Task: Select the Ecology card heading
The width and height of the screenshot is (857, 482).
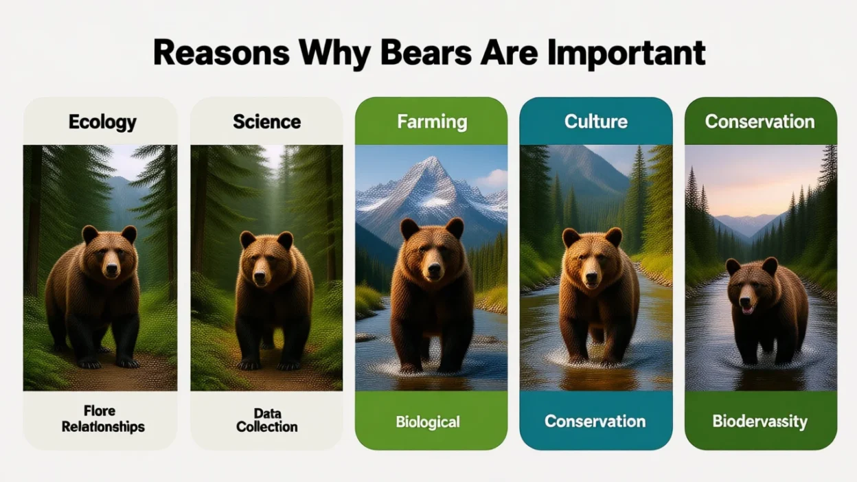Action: tap(102, 122)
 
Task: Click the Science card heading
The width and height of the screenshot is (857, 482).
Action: tap(266, 122)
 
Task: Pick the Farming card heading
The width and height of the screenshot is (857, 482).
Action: tap(431, 122)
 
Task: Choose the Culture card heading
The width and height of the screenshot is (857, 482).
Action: tap(595, 122)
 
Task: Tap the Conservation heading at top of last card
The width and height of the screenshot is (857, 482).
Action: tap(759, 122)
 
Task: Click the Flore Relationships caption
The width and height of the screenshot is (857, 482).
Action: tap(102, 419)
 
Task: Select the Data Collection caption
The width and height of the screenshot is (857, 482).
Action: tap(266, 420)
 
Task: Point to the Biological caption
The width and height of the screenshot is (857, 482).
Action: tap(431, 421)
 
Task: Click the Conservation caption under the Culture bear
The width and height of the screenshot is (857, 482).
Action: tap(595, 420)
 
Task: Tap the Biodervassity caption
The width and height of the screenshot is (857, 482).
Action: tap(759, 420)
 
